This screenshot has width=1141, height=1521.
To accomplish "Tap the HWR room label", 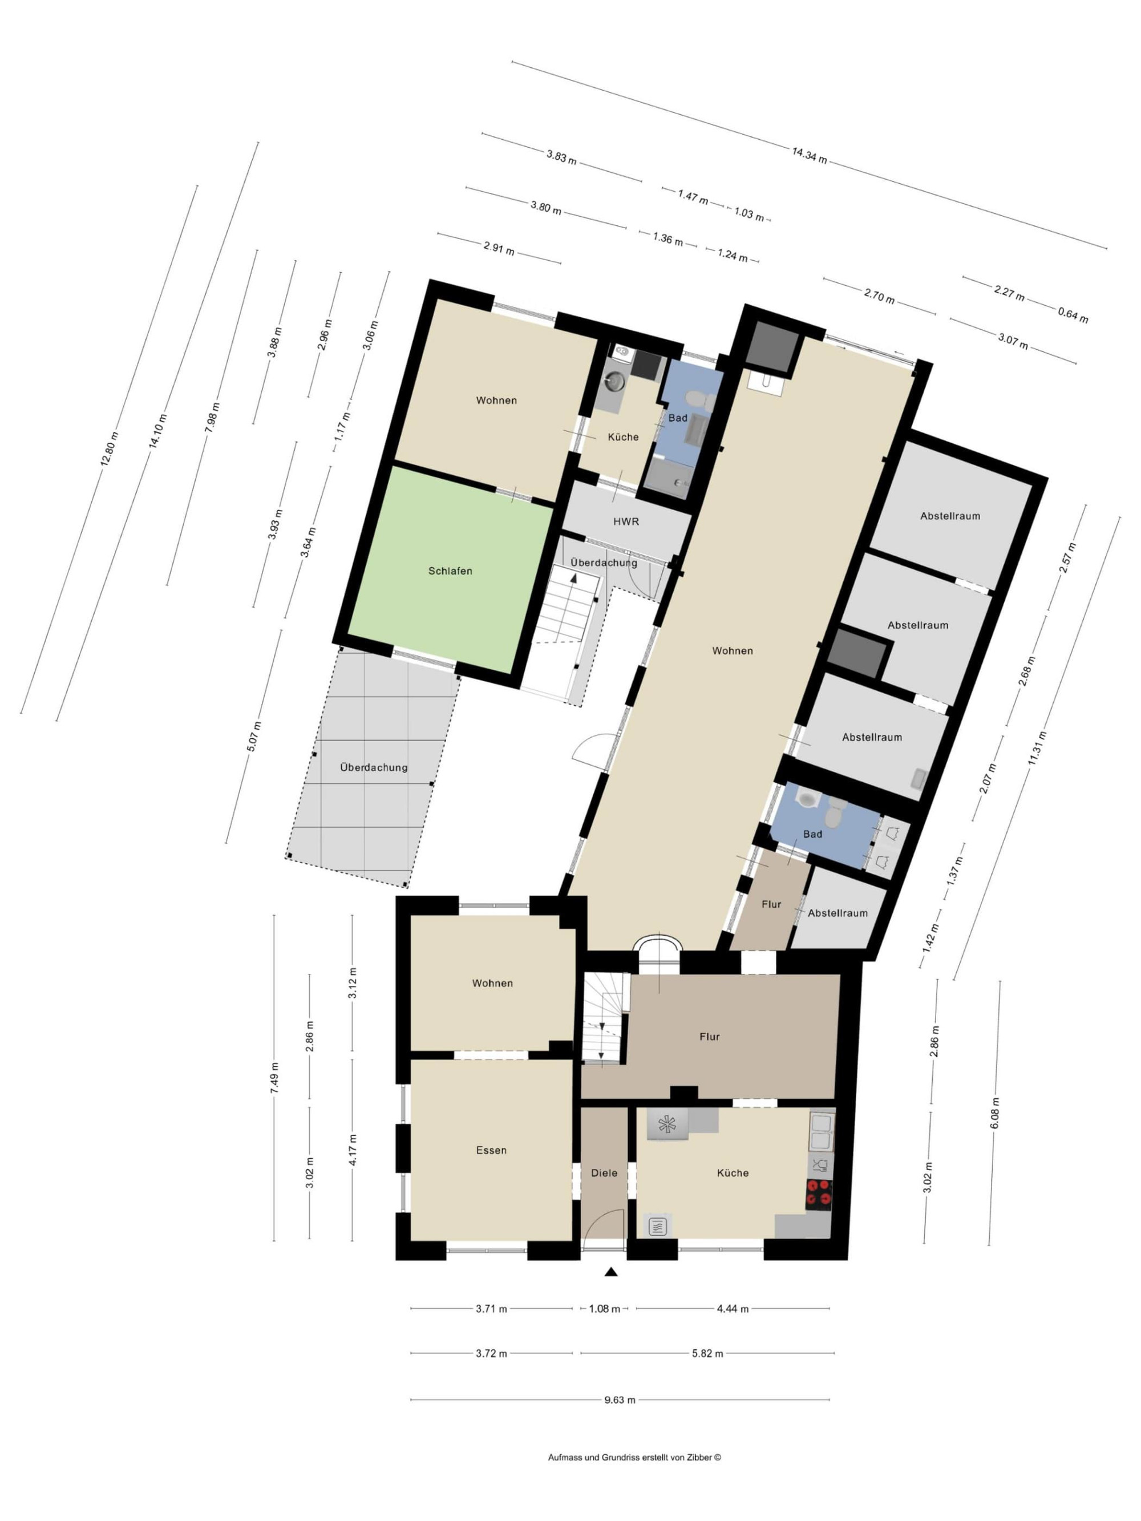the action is pos(626,522).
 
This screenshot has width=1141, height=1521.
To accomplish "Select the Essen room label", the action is pos(491,1150).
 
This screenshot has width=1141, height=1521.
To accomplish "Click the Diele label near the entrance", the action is pos(604,1173).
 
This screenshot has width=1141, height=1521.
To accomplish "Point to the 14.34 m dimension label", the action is pos(809,155).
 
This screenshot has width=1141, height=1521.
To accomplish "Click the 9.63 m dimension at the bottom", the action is pos(620,1400).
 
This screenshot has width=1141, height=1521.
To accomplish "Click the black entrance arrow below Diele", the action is pos(611,1273).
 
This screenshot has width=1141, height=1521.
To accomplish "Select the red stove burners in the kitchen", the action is pos(819,1195).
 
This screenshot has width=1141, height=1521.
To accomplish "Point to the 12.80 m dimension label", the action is pos(110,449).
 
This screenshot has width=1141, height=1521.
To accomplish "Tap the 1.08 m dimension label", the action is pos(604,1309).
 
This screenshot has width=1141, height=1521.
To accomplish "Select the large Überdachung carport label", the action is pos(374,767).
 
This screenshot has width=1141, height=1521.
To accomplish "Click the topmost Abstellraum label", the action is pos(950,516).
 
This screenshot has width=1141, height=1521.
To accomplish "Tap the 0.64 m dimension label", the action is pos(1073,315).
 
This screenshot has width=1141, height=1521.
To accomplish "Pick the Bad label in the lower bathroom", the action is pos(812,834).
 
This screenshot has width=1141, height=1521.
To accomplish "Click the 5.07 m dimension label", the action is pos(254,737).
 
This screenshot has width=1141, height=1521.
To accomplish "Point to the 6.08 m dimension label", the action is pos(995,1113).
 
